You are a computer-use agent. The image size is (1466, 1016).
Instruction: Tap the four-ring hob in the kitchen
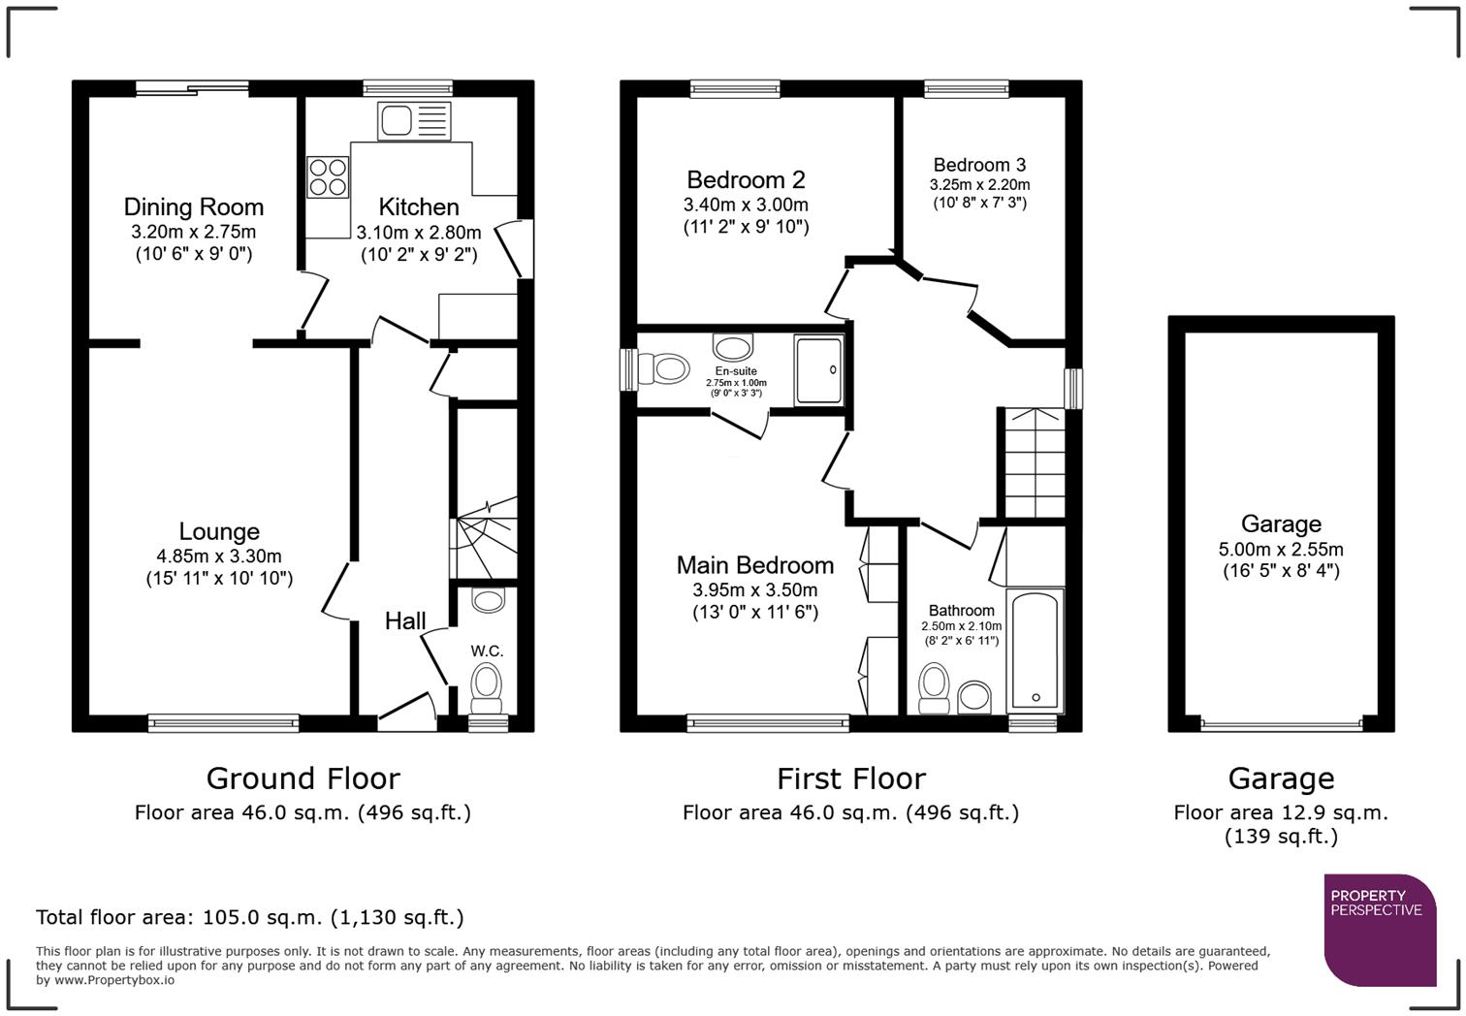pyautogui.click(x=328, y=176)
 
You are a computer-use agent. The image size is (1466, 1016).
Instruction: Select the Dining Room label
pyautogui.click(x=194, y=206)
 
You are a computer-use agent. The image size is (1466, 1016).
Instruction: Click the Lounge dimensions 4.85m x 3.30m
pyautogui.click(x=219, y=556)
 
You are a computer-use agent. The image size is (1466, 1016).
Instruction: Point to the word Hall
pyautogui.click(x=405, y=621)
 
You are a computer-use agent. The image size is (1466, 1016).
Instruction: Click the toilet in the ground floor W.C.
pyautogui.click(x=487, y=684)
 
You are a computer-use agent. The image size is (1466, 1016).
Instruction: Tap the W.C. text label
pyautogui.click(x=488, y=651)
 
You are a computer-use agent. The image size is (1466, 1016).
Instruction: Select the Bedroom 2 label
pyautogui.click(x=746, y=179)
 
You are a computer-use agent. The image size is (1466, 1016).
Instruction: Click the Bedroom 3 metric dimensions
pyautogui.click(x=979, y=184)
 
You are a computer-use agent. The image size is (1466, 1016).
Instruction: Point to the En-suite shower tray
pyautogui.click(x=818, y=369)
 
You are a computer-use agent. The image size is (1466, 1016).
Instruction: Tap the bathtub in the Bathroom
pyautogui.click(x=1036, y=650)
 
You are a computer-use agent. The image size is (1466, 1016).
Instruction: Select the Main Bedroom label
pyautogui.click(x=755, y=565)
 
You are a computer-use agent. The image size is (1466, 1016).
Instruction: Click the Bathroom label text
pyautogui.click(x=961, y=611)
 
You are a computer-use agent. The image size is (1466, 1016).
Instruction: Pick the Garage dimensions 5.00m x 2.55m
pyautogui.click(x=1281, y=549)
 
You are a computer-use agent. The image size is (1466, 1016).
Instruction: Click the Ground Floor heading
pyautogui.click(x=303, y=778)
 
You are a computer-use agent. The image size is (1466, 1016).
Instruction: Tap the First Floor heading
pyautogui.click(x=851, y=778)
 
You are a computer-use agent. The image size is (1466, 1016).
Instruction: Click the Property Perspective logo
pyautogui.click(x=1379, y=929)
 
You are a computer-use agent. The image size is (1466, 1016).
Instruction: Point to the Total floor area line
pyautogui.click(x=250, y=917)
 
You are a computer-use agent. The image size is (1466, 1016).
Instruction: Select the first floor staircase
pyautogui.click(x=1035, y=463)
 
